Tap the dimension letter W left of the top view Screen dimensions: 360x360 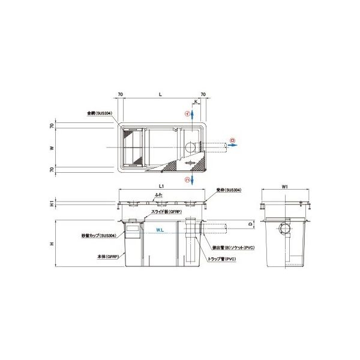(x=52, y=146)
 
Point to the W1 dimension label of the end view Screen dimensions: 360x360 (x=285, y=186)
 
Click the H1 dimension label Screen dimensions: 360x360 (x=52, y=204)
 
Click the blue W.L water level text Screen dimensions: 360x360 (x=160, y=229)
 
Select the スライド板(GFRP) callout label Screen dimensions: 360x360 (x=166, y=212)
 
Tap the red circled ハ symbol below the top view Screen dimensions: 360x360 (x=187, y=179)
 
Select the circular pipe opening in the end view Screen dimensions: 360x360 (x=284, y=229)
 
